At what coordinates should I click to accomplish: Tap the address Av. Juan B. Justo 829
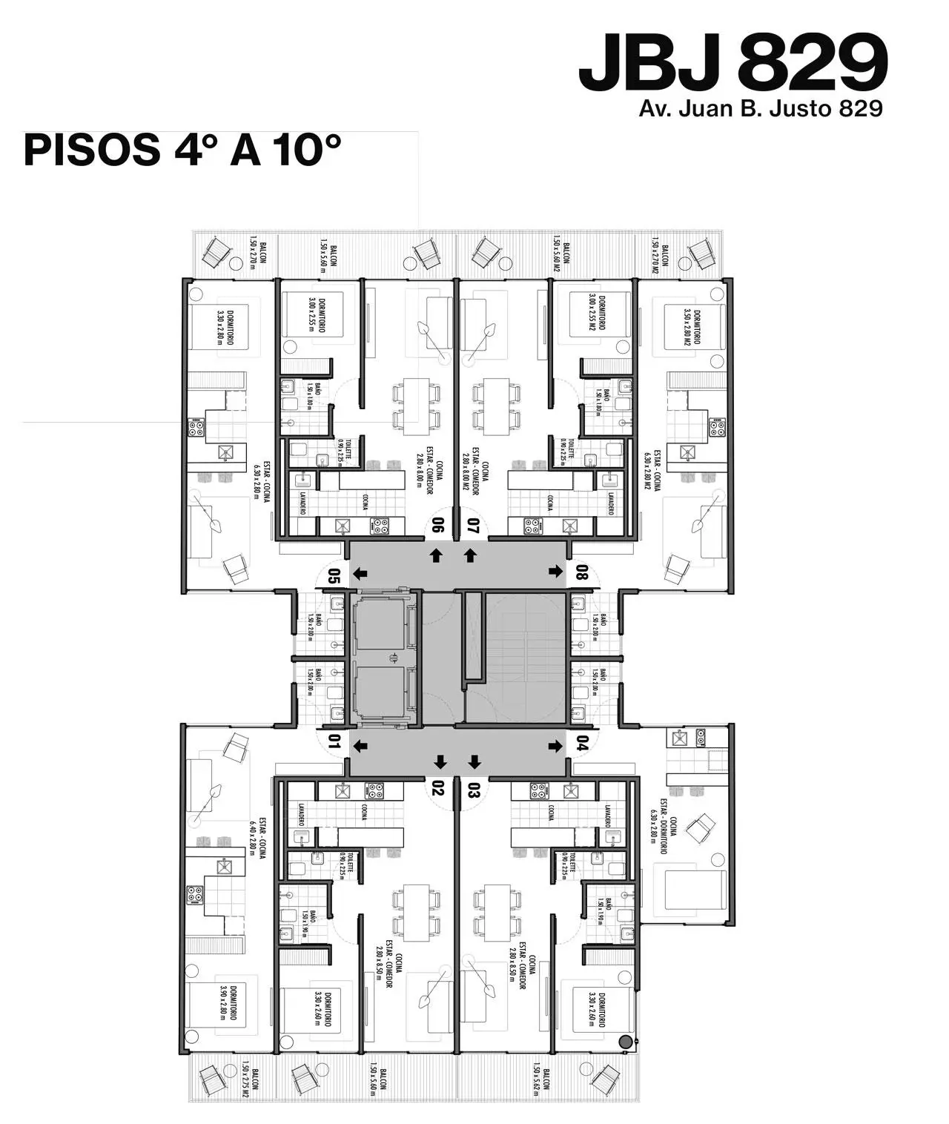761,109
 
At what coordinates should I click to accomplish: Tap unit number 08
582,572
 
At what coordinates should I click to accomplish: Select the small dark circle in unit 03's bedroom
626,1042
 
